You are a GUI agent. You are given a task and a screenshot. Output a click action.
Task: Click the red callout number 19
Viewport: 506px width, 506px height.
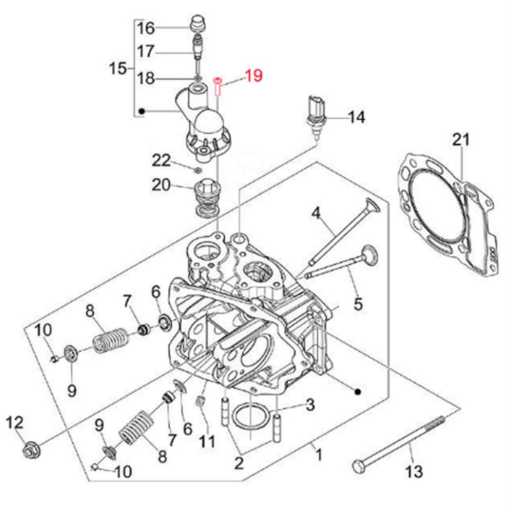click(x=253, y=76)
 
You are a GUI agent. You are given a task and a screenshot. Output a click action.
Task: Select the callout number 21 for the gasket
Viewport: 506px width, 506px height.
click(x=461, y=140)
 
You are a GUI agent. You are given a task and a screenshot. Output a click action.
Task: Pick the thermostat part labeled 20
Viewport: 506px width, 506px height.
click(x=205, y=198)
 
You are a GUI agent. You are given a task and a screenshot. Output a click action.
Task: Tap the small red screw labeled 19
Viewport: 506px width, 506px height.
click(x=217, y=85)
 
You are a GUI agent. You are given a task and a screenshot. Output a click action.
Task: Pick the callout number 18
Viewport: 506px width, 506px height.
click(x=145, y=79)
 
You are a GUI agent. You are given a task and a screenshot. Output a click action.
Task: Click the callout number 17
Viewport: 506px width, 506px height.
click(x=145, y=52)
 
